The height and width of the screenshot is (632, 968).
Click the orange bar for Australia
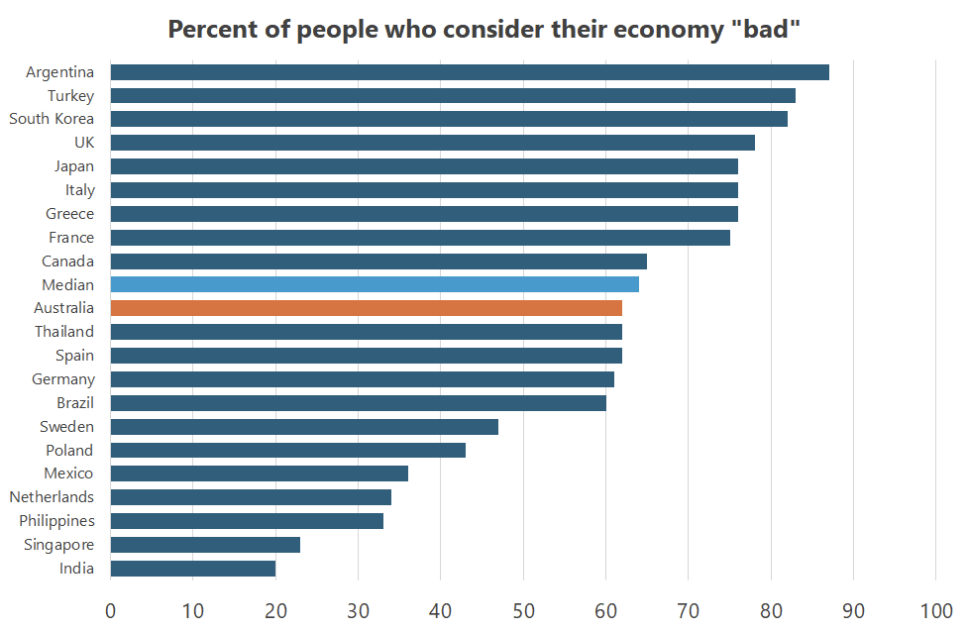pos(366,308)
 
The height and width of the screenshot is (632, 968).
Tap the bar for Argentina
pos(470,72)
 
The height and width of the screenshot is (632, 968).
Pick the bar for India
pos(192,569)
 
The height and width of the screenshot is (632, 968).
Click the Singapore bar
pos(205,545)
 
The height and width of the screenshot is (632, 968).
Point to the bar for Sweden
pos(304,427)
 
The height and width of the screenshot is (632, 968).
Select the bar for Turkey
pos(453,96)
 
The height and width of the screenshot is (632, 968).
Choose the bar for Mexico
pos(259,474)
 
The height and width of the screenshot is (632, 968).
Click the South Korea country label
pos(52,119)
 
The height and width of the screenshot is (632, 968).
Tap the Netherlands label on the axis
pos(52,497)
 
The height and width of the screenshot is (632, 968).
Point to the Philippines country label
pos(56,521)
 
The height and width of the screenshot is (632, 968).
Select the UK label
pos(84,143)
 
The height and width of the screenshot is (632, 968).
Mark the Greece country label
pos(69,214)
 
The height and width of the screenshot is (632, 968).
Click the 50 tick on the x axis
pos(523,609)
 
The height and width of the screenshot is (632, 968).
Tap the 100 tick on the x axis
pos(936,609)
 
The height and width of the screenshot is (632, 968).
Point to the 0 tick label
pos(110,609)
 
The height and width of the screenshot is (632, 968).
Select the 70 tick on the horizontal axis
pos(689,609)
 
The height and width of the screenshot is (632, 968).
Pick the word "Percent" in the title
pos(210,29)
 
